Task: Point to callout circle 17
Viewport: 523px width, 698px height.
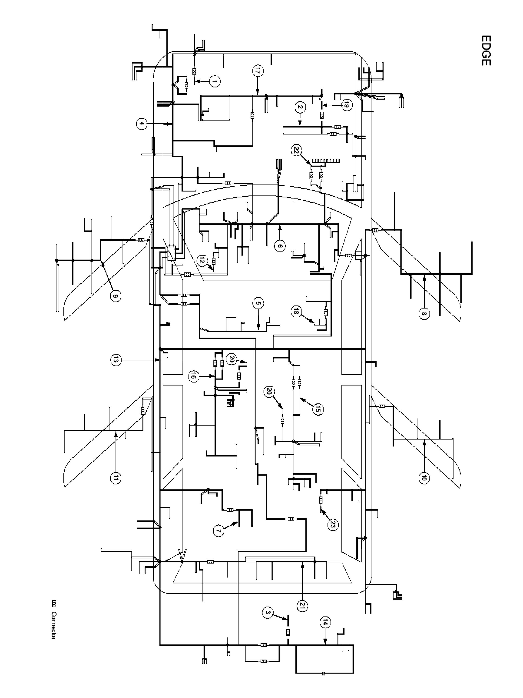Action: coord(258,71)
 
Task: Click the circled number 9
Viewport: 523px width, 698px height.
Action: coord(115,296)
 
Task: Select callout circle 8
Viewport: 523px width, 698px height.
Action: coord(424,313)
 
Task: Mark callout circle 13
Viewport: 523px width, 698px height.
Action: coord(115,360)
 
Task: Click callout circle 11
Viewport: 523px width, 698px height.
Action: coord(115,478)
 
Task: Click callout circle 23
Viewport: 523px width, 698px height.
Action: coord(333,524)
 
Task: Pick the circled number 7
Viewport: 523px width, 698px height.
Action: coord(218,530)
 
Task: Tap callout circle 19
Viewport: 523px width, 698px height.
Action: coord(347,105)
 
